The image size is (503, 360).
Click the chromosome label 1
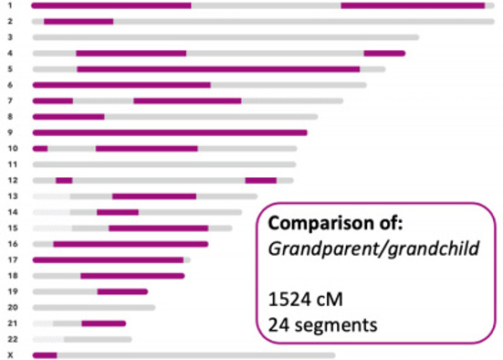click(x=8, y=5)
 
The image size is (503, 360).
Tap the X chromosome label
click(x=8, y=355)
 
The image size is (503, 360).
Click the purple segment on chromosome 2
click(x=79, y=21)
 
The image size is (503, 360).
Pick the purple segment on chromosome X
click(x=45, y=355)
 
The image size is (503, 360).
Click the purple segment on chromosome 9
click(x=170, y=132)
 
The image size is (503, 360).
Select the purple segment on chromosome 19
click(x=122, y=291)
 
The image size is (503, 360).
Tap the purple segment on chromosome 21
click(x=103, y=323)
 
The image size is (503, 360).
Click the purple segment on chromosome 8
click(x=68, y=117)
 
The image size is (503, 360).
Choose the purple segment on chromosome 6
click(x=121, y=85)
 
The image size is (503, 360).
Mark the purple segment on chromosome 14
click(x=118, y=212)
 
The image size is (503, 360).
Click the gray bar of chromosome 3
click(x=225, y=37)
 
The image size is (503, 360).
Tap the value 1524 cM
click(x=300, y=298)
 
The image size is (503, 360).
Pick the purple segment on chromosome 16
click(x=131, y=244)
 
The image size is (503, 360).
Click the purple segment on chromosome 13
click(x=154, y=196)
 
